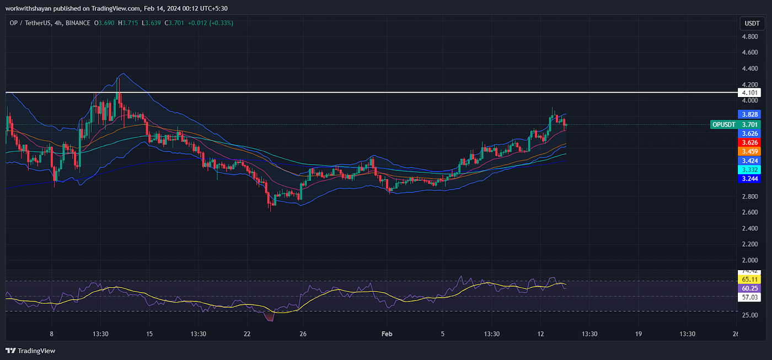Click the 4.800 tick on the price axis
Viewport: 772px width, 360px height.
(749, 37)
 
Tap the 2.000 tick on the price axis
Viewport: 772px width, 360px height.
(749, 260)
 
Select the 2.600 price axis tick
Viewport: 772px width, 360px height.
(749, 212)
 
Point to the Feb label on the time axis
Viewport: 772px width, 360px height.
(387, 334)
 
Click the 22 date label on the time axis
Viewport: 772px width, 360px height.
(247, 334)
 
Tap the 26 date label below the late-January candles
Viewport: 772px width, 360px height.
(303, 334)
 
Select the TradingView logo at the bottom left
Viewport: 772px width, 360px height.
(30, 351)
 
